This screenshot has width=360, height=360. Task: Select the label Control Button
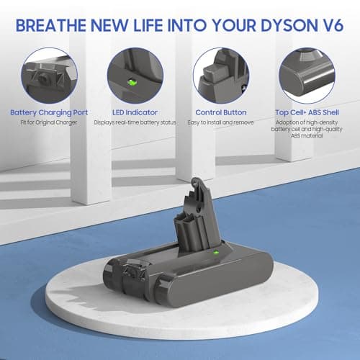click(x=221, y=113)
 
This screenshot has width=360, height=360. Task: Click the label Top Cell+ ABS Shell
click(x=309, y=113)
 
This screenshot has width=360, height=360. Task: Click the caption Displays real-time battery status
click(x=134, y=123)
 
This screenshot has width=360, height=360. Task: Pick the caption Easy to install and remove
click(x=221, y=123)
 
